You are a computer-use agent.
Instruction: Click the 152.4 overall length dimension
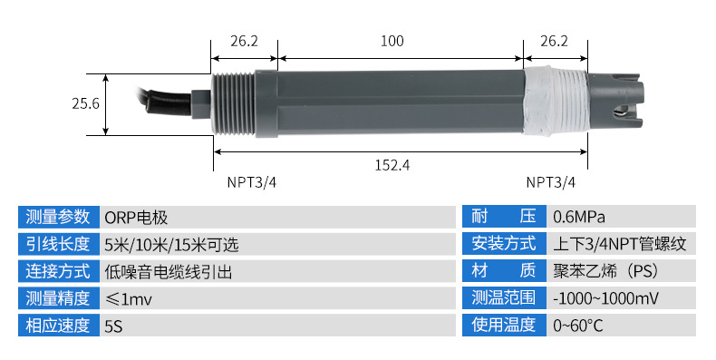(392, 164)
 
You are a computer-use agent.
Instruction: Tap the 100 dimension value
(392, 41)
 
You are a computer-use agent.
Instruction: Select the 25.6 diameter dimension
(85, 103)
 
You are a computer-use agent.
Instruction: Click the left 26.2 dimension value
(244, 41)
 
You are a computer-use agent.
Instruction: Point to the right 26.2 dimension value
(555, 41)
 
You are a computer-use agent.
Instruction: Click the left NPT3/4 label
(252, 182)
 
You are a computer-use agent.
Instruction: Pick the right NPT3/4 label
(551, 182)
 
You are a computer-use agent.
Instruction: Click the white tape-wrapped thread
(555, 102)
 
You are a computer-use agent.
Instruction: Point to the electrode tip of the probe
(615, 102)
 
